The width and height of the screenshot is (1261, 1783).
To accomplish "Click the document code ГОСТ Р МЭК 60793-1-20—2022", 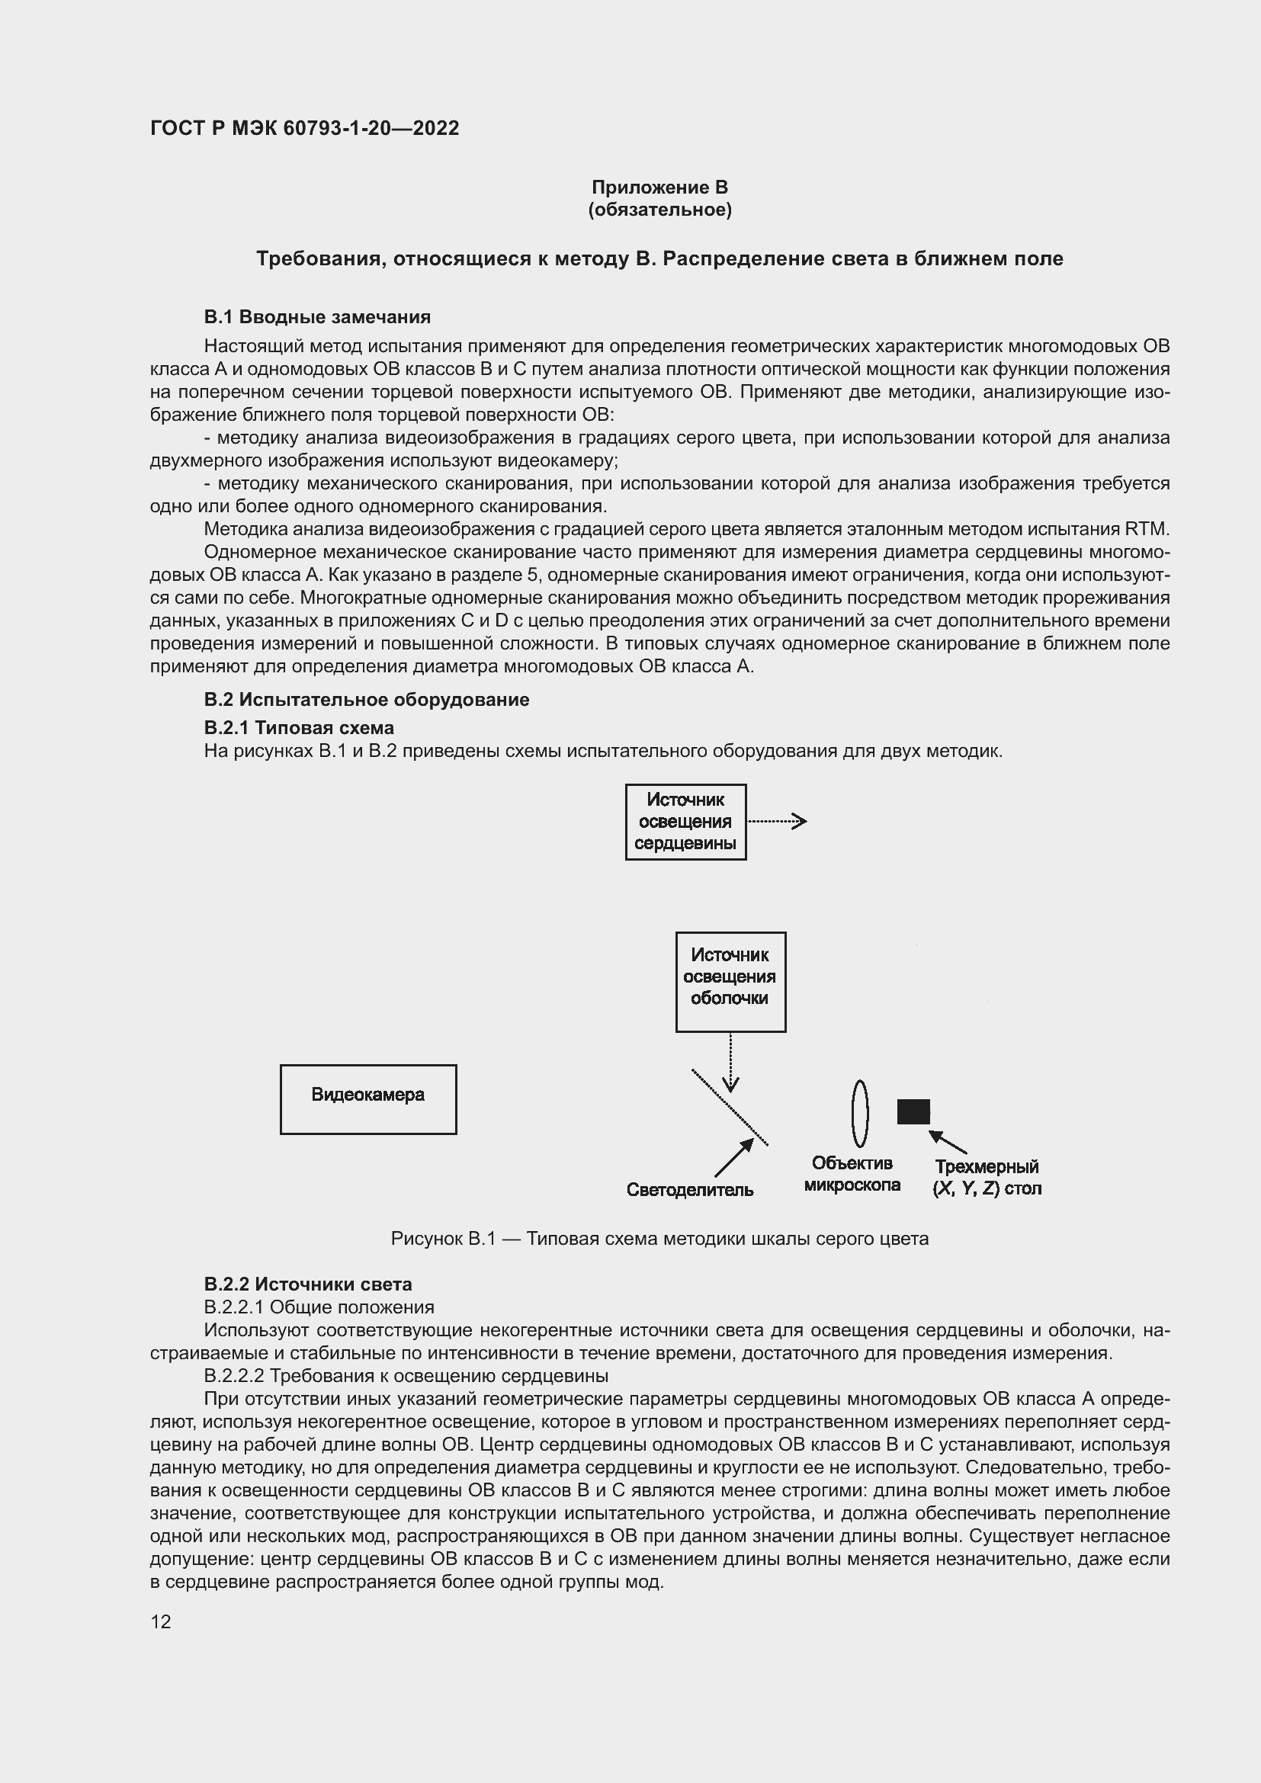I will pyautogui.click(x=304, y=128).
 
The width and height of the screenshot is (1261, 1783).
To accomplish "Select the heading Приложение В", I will pyautogui.click(x=659, y=188).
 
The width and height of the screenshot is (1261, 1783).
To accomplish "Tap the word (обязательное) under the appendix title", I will pyautogui.click(x=659, y=210).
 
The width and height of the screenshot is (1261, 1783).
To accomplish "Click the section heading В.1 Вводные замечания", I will pyautogui.click(x=317, y=317).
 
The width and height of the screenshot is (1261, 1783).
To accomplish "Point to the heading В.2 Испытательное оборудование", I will pyautogui.click(x=367, y=699).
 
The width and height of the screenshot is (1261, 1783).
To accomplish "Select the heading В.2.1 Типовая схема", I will pyautogui.click(x=299, y=728).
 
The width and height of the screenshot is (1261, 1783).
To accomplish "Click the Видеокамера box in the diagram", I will pyautogui.click(x=368, y=1099).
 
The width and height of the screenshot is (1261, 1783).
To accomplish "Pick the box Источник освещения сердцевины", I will pyautogui.click(x=685, y=822).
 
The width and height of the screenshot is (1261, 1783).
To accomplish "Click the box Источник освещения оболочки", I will pyautogui.click(x=730, y=982).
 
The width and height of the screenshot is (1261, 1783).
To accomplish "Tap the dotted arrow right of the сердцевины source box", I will pyautogui.click(x=776, y=822).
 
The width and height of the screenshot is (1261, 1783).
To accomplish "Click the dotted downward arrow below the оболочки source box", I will pyautogui.click(x=730, y=1063).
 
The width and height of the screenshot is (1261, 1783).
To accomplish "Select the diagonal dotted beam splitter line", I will pyautogui.click(x=729, y=1107).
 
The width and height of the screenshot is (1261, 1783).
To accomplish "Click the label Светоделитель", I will pyautogui.click(x=689, y=1190).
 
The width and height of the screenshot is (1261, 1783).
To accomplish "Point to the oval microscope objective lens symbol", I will pyautogui.click(x=859, y=1113).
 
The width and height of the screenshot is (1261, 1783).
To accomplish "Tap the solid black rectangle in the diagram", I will pyautogui.click(x=913, y=1111).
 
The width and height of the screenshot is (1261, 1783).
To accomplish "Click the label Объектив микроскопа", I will pyautogui.click(x=852, y=1173).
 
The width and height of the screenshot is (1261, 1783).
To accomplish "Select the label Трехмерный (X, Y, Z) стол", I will pyautogui.click(x=986, y=1177).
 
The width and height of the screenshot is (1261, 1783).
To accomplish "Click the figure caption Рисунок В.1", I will pyautogui.click(x=659, y=1239).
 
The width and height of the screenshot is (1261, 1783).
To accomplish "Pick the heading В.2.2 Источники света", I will pyautogui.click(x=307, y=1284).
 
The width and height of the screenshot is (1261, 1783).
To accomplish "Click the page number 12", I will pyautogui.click(x=161, y=1621).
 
